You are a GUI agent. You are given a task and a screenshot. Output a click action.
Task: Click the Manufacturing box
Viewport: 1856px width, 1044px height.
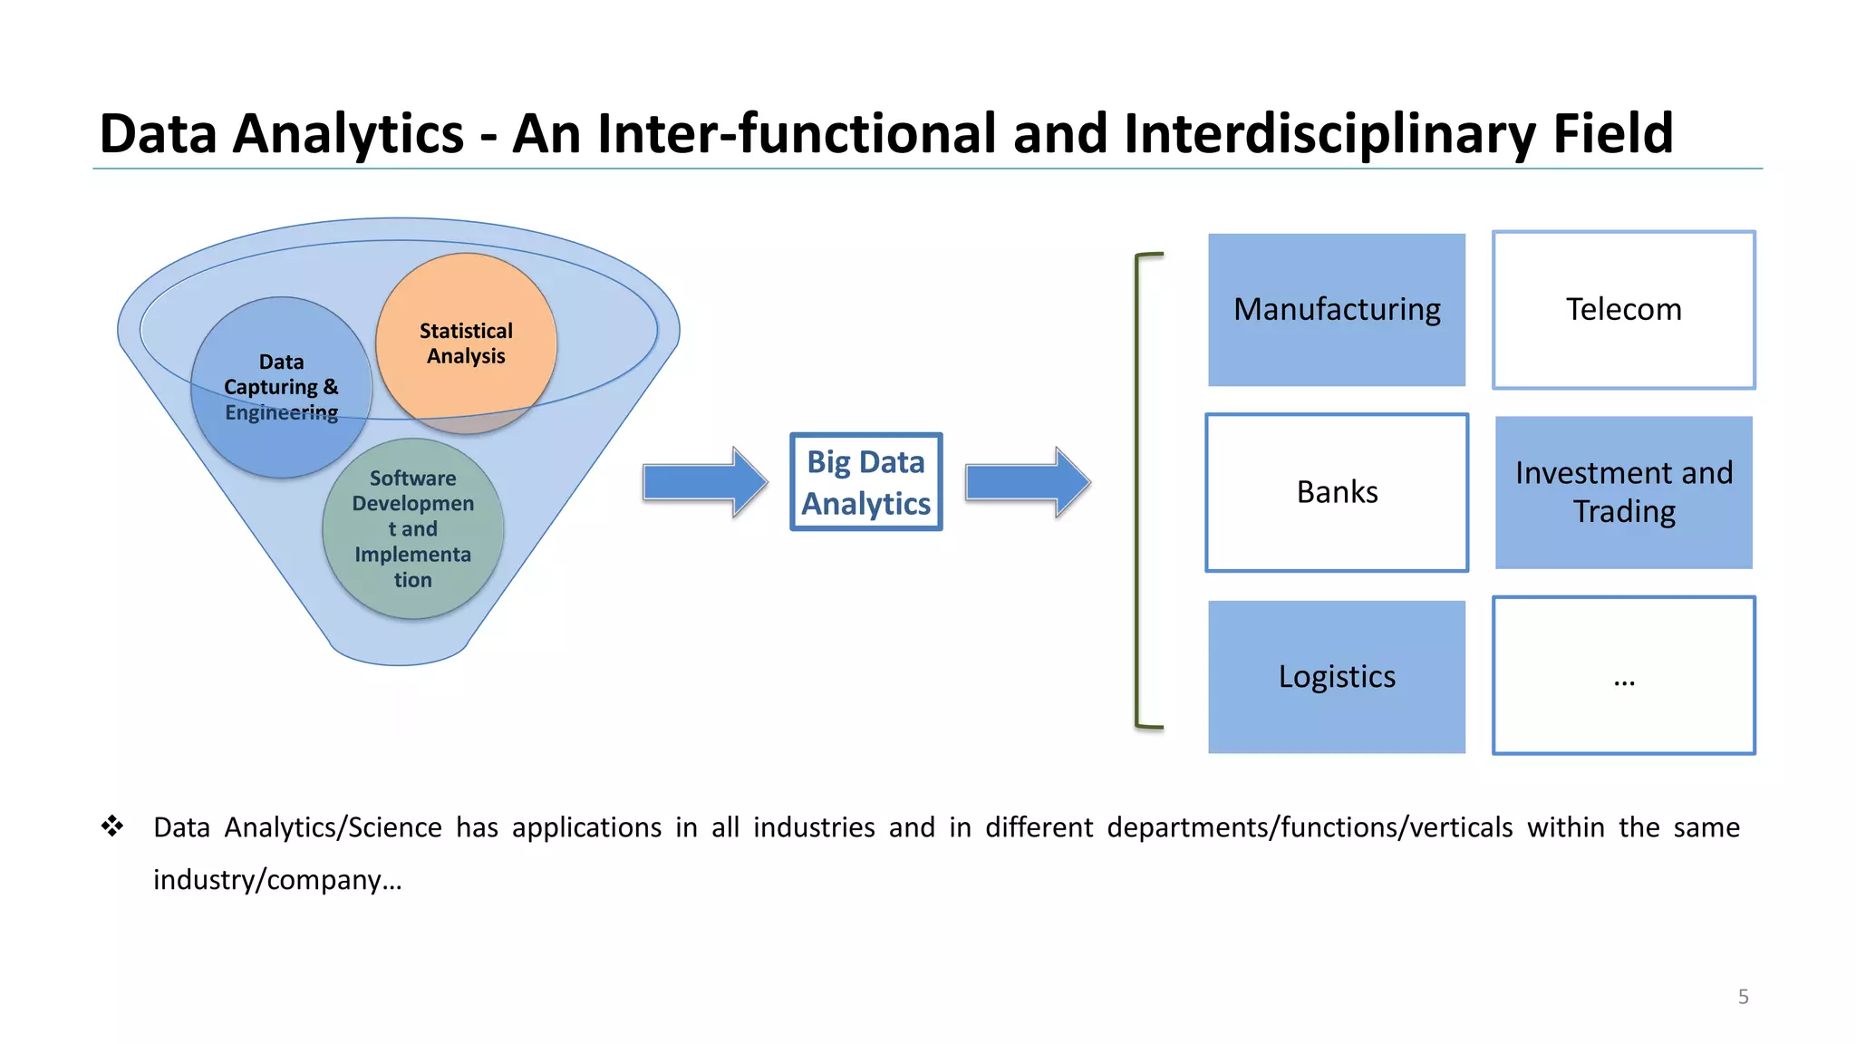pyautogui.click(x=1336, y=310)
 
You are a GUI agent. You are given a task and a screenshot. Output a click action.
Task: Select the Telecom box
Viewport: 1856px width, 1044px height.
pyautogui.click(x=1623, y=310)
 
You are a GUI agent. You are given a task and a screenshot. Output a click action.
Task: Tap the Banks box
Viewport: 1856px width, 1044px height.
pyautogui.click(x=1336, y=492)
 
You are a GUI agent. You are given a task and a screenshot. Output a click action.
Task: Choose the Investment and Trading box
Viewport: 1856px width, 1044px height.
pyautogui.click(x=1623, y=492)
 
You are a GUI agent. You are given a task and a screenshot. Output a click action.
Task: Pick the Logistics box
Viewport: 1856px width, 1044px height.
pyautogui.click(x=1336, y=676)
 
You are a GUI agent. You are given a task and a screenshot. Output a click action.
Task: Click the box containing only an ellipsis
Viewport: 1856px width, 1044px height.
pyautogui.click(x=1623, y=676)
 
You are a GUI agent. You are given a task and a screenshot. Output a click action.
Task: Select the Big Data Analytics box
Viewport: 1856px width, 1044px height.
pyautogui.click(x=865, y=482)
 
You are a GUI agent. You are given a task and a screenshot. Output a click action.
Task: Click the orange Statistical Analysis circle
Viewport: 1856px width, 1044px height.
pyautogui.click(x=466, y=343)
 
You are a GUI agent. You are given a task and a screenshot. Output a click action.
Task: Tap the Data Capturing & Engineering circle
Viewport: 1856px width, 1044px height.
pyautogui.click(x=281, y=387)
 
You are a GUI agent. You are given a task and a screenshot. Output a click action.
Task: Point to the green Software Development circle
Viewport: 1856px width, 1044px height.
pyautogui.click(x=412, y=528)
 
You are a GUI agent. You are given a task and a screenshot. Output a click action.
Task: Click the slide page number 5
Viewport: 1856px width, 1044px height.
pyautogui.click(x=1743, y=997)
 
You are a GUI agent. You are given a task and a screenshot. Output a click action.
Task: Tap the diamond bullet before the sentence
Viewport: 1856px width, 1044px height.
pyautogui.click(x=112, y=826)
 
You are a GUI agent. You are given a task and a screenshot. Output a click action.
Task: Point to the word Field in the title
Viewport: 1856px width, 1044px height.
pyautogui.click(x=1612, y=133)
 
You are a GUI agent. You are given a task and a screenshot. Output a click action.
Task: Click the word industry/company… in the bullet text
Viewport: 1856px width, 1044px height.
pyautogui.click(x=277, y=880)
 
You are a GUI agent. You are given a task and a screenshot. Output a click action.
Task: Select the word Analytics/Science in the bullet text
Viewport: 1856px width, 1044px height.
pyautogui.click(x=333, y=827)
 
